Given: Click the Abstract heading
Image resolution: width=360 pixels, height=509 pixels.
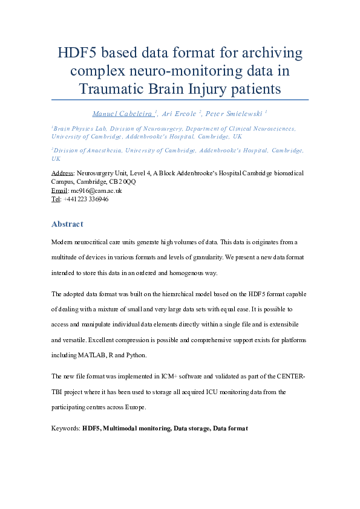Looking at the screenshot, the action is click(x=67, y=224).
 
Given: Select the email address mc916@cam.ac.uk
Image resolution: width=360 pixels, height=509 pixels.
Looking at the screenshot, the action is click(x=96, y=190).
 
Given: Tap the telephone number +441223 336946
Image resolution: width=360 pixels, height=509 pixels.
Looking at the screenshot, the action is click(x=85, y=199).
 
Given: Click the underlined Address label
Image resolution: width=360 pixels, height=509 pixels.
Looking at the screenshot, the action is click(x=63, y=173).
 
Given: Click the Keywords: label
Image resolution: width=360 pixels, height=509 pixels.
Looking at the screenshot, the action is click(x=66, y=428).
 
